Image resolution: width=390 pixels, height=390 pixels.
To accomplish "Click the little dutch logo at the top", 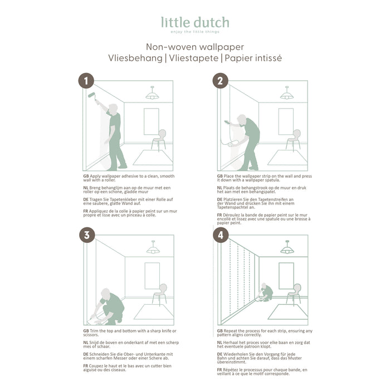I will point(195,23).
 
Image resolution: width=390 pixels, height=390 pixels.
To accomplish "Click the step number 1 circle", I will point(86,81).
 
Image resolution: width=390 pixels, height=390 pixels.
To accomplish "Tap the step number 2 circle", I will point(221,81).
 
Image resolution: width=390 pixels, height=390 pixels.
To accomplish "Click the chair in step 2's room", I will point(294,139).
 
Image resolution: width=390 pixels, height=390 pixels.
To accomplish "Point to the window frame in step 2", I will point(286,121).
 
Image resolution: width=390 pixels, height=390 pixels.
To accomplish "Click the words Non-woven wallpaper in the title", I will point(195,47).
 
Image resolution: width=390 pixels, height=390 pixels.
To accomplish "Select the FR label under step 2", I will point(220,214).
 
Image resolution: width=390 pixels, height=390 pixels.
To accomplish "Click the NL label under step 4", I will point(220,342).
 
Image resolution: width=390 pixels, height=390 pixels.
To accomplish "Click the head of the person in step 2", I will point(242,119).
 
